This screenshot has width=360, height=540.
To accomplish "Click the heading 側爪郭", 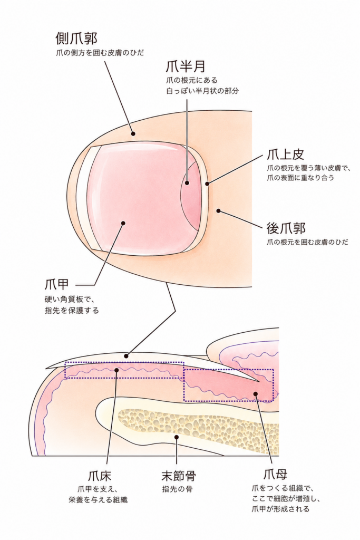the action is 76,38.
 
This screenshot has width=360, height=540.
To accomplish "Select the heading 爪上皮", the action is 286,155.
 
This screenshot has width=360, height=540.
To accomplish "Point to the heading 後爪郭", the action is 286,228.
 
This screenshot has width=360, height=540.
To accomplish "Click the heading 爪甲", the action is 57,284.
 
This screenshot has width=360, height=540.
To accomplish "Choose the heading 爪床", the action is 100,476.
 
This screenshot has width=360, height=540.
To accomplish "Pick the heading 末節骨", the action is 179,476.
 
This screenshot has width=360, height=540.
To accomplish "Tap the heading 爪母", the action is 275,475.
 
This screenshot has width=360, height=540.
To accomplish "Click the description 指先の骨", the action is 178,489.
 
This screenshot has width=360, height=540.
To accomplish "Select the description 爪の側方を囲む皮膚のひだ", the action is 100,53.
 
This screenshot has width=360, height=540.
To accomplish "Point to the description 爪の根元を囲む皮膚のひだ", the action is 307,242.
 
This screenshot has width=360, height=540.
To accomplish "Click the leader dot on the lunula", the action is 187,183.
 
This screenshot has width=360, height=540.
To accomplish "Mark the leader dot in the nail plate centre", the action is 123,223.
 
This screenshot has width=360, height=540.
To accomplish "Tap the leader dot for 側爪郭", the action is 133,134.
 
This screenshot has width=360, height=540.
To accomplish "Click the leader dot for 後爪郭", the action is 218,210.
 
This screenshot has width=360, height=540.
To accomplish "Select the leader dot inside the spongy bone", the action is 176,437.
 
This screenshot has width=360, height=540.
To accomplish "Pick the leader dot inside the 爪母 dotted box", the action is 255,393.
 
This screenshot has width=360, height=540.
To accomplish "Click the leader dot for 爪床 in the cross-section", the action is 116,370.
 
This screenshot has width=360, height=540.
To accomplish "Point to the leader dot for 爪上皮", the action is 207,184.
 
